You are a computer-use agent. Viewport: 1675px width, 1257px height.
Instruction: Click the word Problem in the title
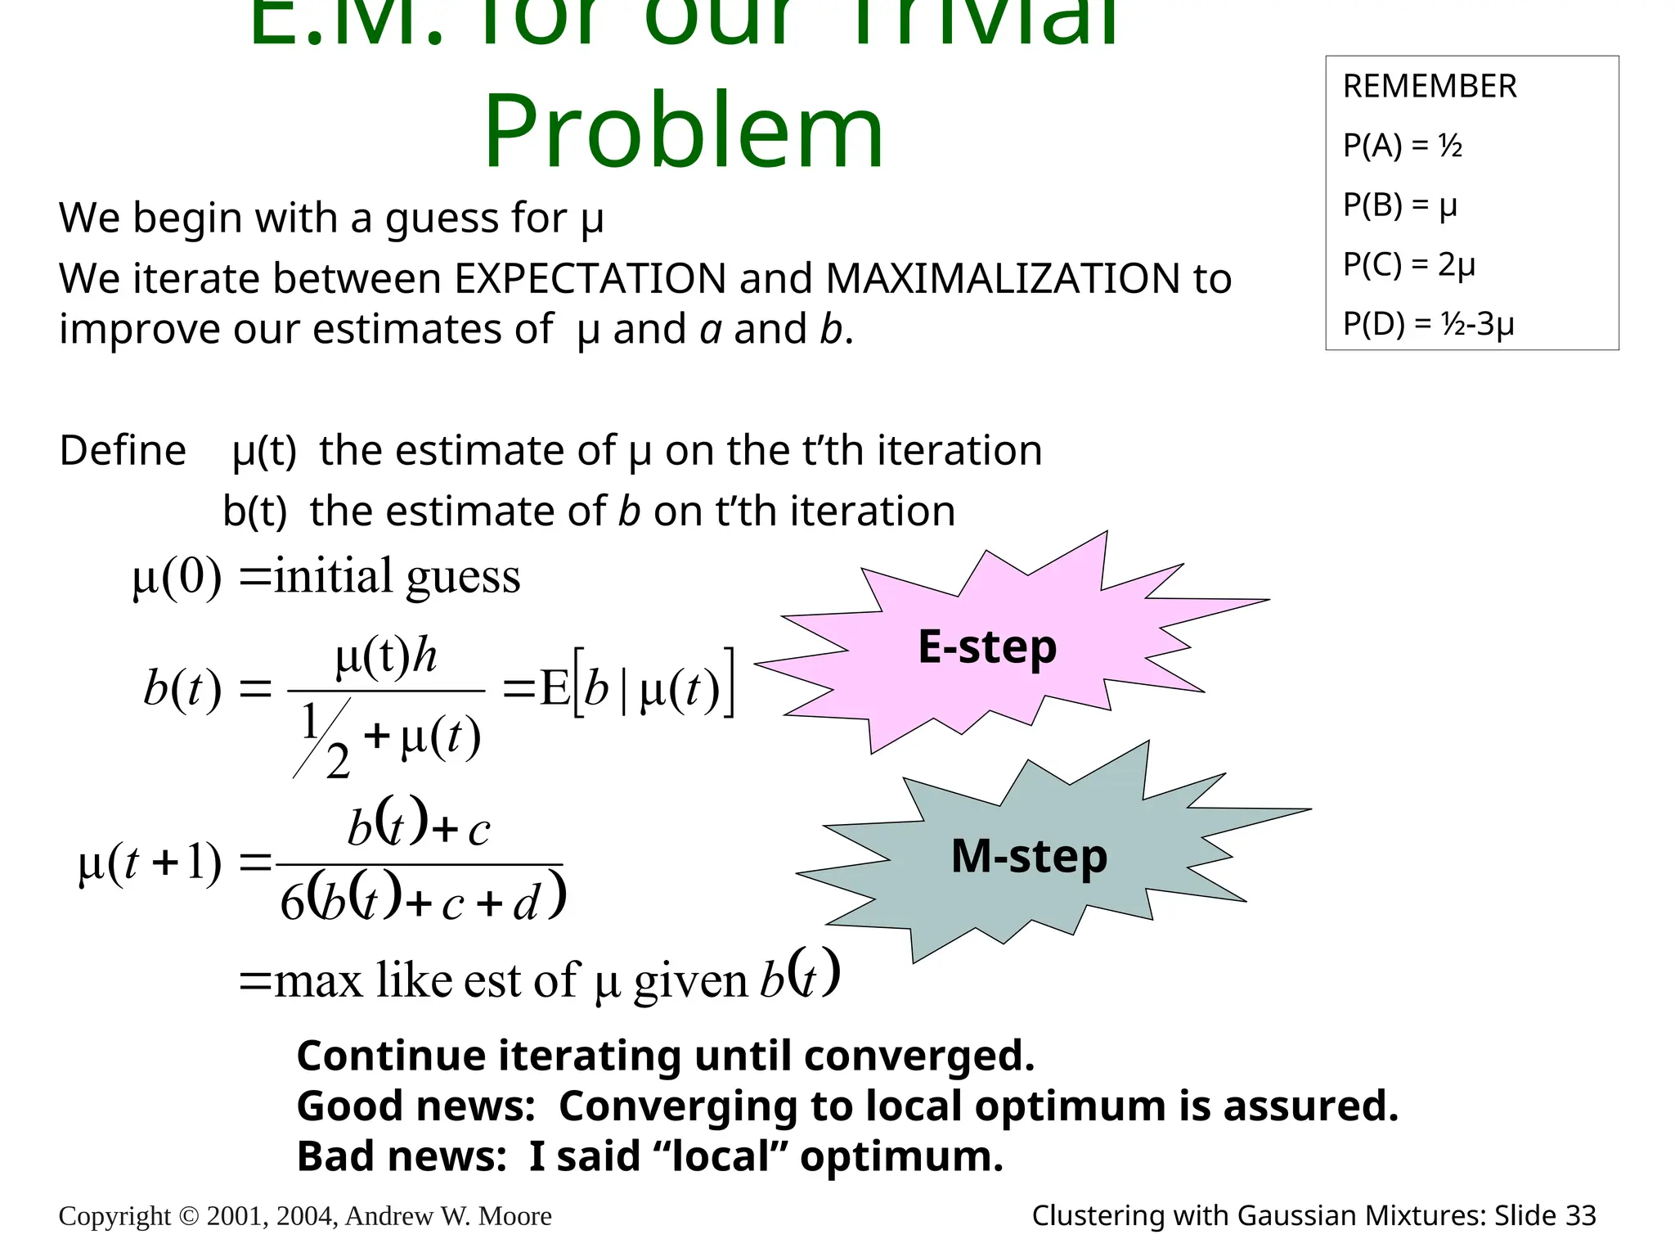click(x=684, y=133)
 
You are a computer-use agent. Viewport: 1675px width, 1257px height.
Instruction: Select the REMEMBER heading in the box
click(x=1430, y=87)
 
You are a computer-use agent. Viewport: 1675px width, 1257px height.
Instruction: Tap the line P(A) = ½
click(x=1402, y=146)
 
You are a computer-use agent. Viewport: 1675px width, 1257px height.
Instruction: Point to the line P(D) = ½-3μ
click(x=1428, y=324)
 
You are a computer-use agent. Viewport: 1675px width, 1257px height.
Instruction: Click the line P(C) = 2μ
click(x=1408, y=265)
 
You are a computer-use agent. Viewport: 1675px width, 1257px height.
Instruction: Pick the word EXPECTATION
click(x=591, y=279)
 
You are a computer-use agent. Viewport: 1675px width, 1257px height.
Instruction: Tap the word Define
click(x=123, y=451)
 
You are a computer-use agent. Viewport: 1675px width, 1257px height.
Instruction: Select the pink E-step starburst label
click(x=987, y=647)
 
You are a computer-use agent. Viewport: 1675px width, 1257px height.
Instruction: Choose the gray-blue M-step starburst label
click(x=1029, y=857)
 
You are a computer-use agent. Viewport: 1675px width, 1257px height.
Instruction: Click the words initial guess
click(x=397, y=577)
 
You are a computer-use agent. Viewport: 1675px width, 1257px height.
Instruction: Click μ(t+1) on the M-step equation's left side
click(x=150, y=864)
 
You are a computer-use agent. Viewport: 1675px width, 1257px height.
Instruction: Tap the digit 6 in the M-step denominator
click(x=292, y=903)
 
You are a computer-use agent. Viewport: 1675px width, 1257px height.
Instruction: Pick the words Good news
click(x=415, y=1106)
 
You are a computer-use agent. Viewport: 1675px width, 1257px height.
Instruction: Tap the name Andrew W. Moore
click(x=448, y=1216)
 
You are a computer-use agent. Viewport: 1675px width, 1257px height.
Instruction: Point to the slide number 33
click(x=1580, y=1216)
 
